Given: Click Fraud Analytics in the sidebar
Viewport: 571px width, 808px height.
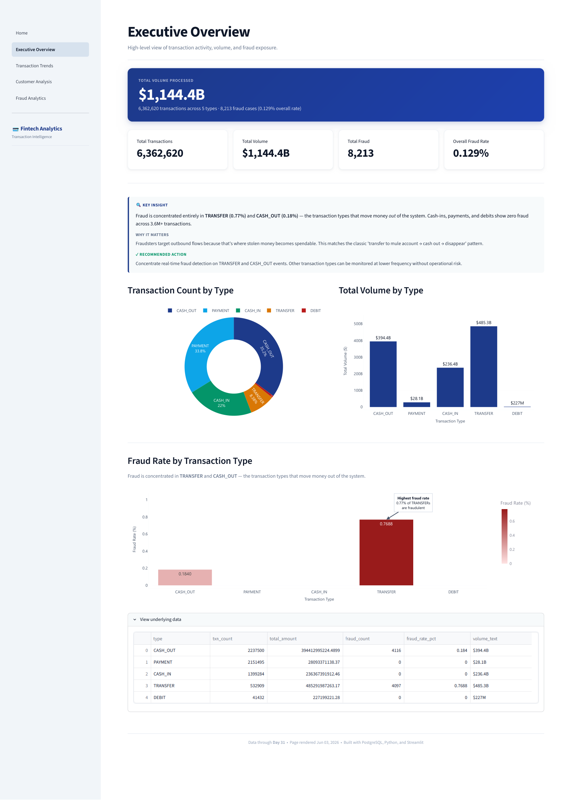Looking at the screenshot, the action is [31, 98].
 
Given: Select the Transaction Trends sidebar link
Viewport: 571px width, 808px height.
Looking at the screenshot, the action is [35, 66].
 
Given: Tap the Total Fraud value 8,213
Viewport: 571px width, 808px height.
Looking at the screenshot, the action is [360, 153].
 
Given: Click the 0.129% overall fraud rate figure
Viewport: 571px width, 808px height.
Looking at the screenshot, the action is [471, 153].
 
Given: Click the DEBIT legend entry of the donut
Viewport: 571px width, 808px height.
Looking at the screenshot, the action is [311, 310].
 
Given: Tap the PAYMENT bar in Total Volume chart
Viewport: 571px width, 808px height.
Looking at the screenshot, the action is [416, 405].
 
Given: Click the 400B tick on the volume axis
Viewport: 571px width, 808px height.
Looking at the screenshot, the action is [358, 341].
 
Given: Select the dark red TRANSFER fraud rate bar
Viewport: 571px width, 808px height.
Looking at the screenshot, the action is [386, 553].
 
